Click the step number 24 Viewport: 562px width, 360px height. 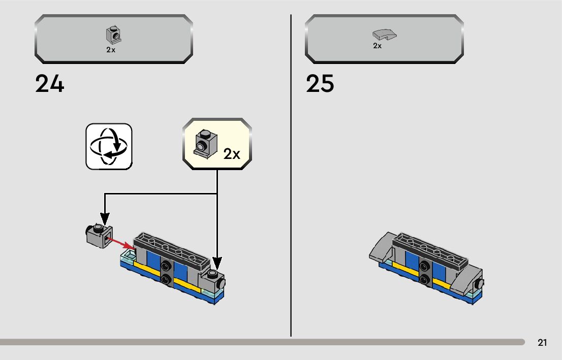[50, 84]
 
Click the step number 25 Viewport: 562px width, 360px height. [320, 84]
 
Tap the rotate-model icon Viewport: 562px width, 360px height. [109, 146]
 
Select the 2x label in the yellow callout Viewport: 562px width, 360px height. [232, 154]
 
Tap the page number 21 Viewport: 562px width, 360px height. [542, 343]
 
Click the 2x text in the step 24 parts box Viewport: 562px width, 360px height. [111, 50]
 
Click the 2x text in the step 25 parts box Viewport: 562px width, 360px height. [377, 46]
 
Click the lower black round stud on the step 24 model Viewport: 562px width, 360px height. [166, 278]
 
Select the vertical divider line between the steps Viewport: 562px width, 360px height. [291, 175]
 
